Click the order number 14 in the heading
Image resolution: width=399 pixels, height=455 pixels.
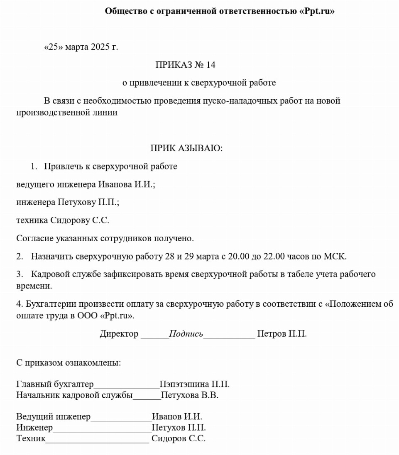(211, 65)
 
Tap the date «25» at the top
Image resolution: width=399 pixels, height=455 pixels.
(52, 47)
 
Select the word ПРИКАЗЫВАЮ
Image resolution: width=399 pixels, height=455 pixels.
(186, 148)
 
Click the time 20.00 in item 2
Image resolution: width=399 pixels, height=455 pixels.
(239, 257)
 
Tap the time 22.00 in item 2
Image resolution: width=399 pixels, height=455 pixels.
(274, 257)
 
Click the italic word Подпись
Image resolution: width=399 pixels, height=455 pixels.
(186, 334)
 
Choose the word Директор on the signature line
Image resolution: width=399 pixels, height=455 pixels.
(119, 334)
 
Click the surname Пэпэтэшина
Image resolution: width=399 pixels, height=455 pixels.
(184, 384)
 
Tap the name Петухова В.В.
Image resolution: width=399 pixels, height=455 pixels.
(189, 395)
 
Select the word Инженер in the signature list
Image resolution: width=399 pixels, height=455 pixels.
(34, 427)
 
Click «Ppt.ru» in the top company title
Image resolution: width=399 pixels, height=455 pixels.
(317, 11)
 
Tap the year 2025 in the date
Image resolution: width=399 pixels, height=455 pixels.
(99, 47)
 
